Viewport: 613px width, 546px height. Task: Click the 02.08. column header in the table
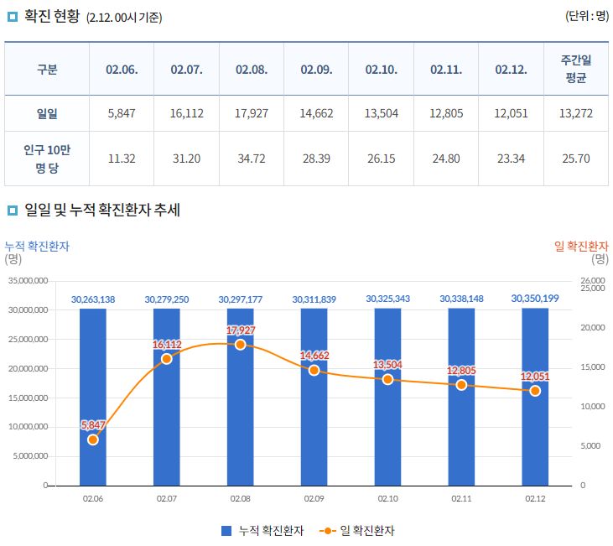(x=252, y=70)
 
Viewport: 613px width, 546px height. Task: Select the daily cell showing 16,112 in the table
(x=186, y=113)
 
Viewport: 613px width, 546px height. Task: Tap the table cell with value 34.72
(x=252, y=158)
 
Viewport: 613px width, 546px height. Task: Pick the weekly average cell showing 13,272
(x=576, y=113)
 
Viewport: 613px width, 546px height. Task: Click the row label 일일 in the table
(x=47, y=113)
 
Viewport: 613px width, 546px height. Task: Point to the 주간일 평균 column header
(x=576, y=70)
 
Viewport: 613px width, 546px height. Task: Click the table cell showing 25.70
(x=576, y=158)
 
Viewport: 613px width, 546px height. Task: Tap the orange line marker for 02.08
(x=241, y=344)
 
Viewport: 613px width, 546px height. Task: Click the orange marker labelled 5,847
(x=93, y=439)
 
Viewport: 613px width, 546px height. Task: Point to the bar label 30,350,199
(x=535, y=298)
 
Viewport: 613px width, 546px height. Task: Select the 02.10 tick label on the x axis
(x=387, y=498)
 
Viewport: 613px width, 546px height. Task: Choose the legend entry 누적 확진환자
(x=262, y=530)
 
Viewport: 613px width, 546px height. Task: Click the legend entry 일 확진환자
(x=358, y=530)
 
